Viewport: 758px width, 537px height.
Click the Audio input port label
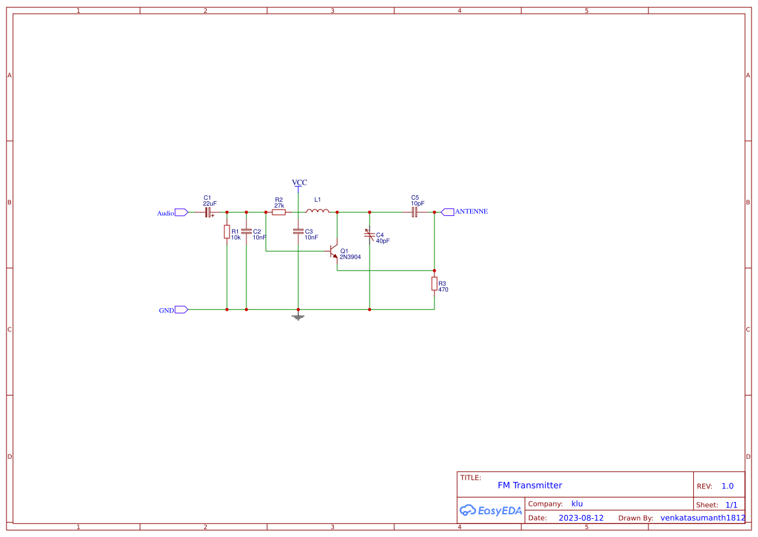(165, 213)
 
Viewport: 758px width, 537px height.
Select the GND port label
(167, 310)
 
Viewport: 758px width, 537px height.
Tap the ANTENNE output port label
(471, 211)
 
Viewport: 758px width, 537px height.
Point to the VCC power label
(299, 183)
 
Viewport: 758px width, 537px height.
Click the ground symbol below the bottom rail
(298, 317)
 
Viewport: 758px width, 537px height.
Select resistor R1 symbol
(227, 232)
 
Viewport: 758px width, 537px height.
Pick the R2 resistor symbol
(279, 212)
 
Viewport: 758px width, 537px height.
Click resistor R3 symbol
(434, 283)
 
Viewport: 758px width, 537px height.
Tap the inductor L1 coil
(318, 211)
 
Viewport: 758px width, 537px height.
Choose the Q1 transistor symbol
(334, 251)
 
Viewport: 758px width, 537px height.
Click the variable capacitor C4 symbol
(370, 234)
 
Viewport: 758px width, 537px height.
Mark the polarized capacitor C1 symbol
(209, 212)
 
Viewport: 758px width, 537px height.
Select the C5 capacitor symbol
(414, 212)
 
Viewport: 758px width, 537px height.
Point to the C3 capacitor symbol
(298, 232)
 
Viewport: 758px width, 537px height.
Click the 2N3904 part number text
(350, 257)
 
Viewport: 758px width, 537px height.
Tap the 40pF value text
(383, 241)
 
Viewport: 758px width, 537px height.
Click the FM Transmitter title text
(530, 485)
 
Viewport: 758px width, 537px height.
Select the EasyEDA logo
(491, 510)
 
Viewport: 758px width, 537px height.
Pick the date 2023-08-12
(581, 518)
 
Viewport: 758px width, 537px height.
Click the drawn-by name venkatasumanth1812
(703, 518)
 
